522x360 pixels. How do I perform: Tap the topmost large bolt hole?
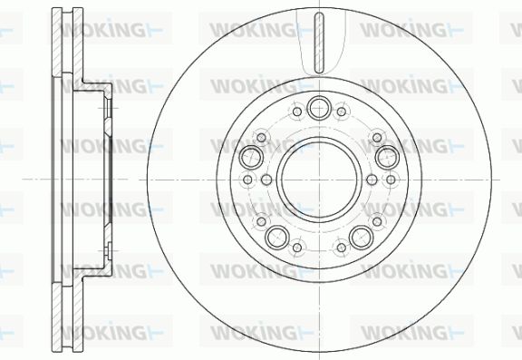(319, 108)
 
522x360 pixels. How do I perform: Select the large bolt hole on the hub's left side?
(251, 157)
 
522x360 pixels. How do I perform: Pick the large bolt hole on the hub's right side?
(387, 157)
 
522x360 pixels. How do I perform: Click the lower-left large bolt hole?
(277, 237)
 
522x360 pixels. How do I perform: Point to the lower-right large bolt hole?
(362, 237)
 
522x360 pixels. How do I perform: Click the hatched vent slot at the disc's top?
(319, 43)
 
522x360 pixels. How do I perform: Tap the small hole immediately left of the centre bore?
(266, 180)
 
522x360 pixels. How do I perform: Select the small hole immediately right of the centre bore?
(372, 180)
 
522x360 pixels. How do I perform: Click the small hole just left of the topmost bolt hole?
(297, 112)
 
